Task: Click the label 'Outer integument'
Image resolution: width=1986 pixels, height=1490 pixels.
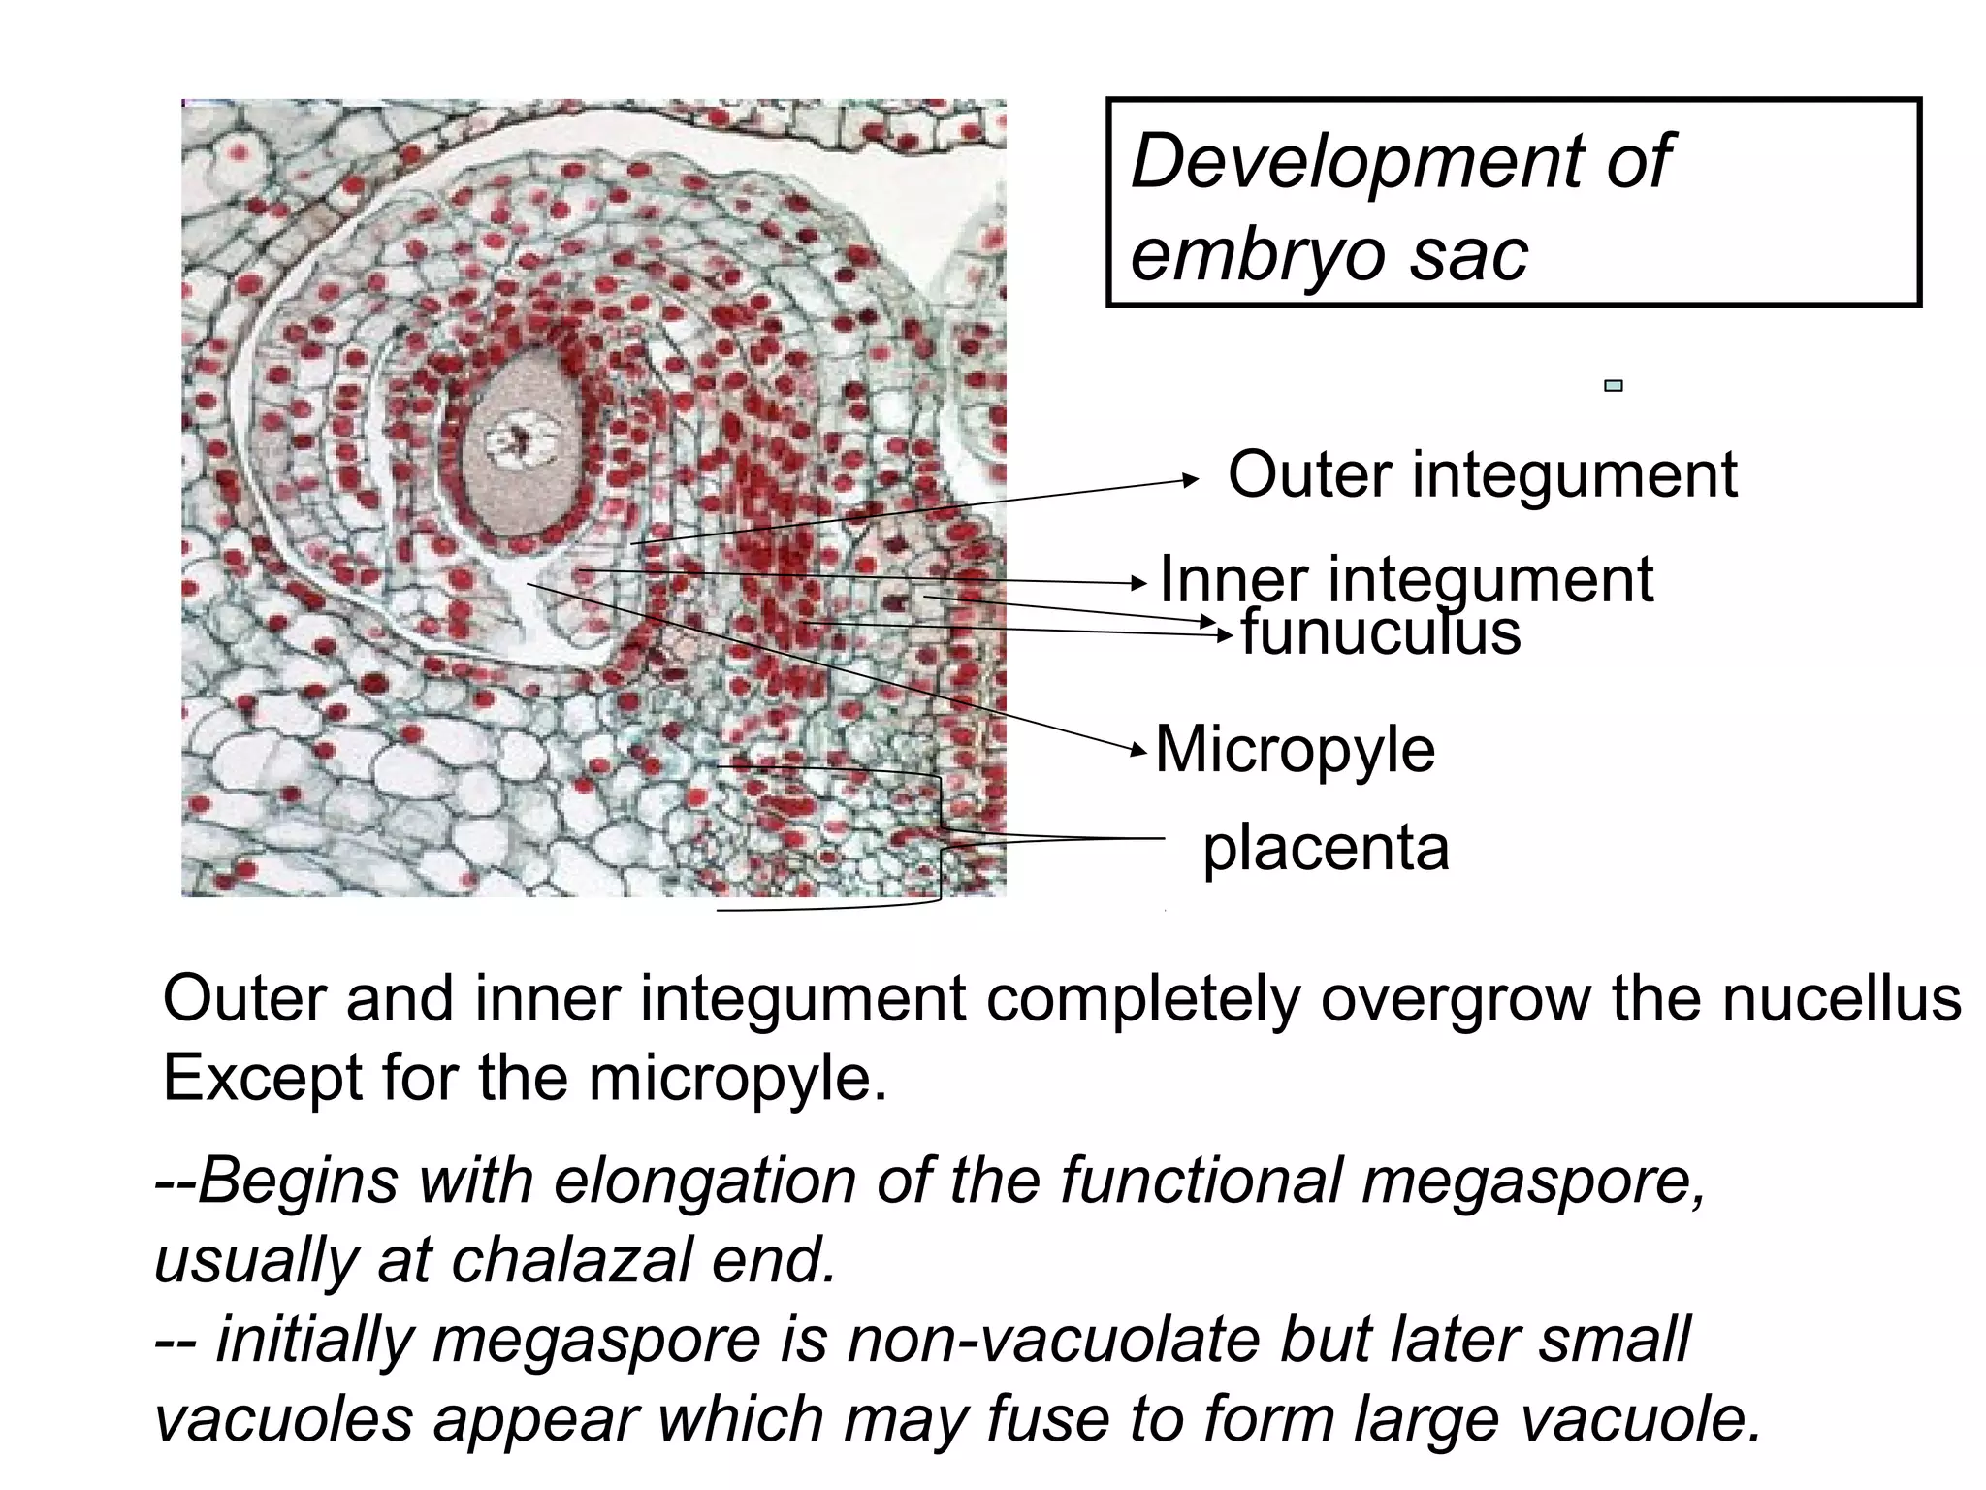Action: click(x=1482, y=474)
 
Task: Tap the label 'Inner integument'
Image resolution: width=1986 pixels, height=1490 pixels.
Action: click(x=1406, y=578)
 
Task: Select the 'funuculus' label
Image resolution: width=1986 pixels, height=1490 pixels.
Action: click(x=1381, y=632)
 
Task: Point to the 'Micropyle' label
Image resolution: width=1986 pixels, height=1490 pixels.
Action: click(x=1295, y=749)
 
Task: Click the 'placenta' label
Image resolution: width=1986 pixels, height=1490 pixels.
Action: click(x=1326, y=847)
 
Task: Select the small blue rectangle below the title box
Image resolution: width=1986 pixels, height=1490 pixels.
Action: click(x=1614, y=386)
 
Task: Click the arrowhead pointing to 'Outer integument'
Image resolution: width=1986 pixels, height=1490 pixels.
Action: click(x=1194, y=479)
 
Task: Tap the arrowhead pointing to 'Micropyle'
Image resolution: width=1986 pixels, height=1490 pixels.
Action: click(x=1141, y=748)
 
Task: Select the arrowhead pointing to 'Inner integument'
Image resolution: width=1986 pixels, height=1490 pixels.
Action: click(x=1141, y=583)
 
